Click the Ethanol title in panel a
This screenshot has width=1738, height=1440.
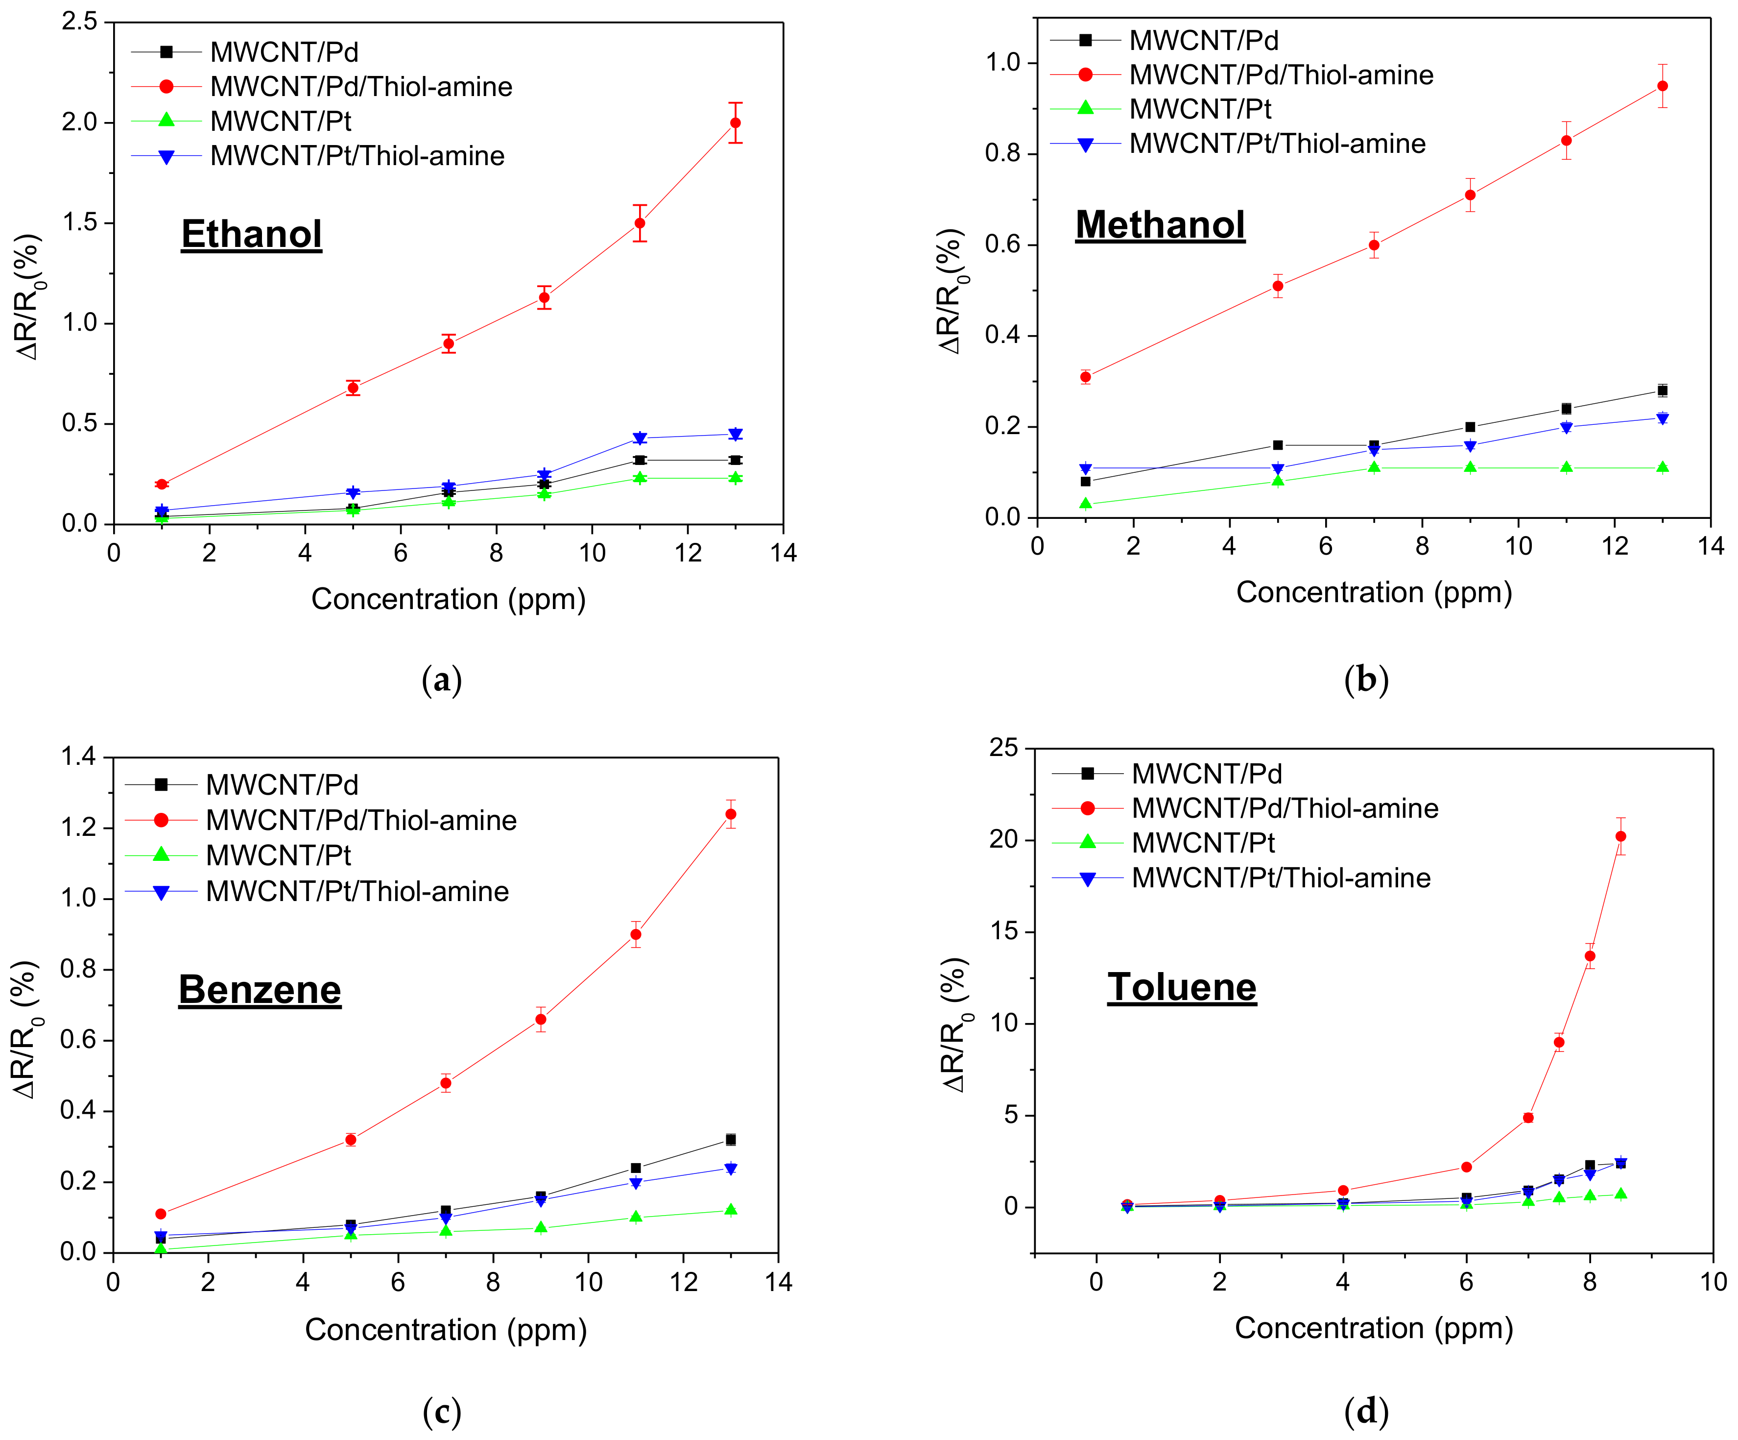(252, 234)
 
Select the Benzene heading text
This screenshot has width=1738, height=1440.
(260, 990)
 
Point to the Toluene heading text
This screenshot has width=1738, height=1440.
(1182, 987)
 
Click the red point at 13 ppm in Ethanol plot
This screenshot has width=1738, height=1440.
(735, 122)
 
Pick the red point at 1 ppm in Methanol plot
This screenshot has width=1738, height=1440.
(1085, 377)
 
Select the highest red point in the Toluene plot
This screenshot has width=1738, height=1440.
(1620, 836)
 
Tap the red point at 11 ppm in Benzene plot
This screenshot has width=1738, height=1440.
(636, 934)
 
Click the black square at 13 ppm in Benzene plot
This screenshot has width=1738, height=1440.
(730, 1140)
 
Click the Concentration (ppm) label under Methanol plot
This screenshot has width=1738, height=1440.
(1374, 592)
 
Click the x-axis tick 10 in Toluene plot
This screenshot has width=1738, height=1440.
(1713, 1282)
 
